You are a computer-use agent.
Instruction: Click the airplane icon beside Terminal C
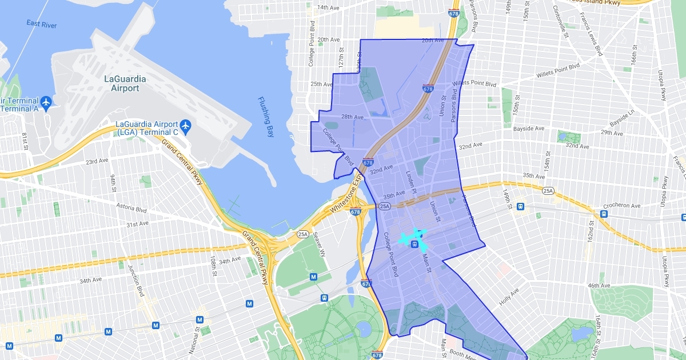[185, 125]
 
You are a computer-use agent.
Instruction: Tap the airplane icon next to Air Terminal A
[46, 103]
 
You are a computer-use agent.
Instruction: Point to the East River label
[42, 23]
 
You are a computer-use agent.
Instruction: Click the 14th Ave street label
[328, 7]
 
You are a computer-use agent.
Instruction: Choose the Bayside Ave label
[528, 129]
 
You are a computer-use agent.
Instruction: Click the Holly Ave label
[508, 294]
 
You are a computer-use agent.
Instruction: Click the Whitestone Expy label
[345, 201]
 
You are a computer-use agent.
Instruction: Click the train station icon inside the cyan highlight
[414, 244]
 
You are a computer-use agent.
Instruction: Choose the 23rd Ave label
[97, 162]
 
